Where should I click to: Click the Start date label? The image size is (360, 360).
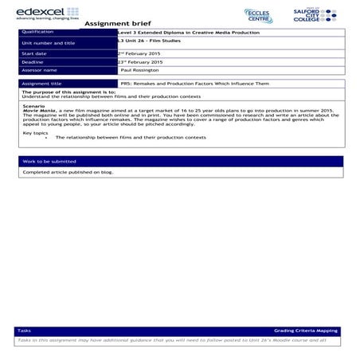(x=34, y=53)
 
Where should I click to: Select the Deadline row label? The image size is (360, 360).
(x=33, y=61)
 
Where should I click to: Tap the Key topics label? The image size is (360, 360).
(x=35, y=132)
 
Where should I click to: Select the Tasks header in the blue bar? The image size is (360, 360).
(x=25, y=330)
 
